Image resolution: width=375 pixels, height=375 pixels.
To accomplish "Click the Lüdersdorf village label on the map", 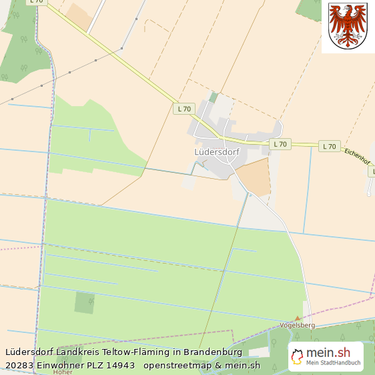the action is (x=217, y=152).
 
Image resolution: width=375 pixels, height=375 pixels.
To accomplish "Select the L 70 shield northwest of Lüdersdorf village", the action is (x=183, y=108).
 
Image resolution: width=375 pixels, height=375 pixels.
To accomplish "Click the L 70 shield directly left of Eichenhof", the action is (x=329, y=146).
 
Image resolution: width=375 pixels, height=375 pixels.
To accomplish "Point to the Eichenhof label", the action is (x=358, y=159).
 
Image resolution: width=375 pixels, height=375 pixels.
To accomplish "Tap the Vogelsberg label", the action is (x=298, y=325).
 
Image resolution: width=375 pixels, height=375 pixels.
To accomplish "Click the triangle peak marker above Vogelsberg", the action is (x=298, y=318).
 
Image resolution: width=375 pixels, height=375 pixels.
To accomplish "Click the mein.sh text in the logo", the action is (x=328, y=353).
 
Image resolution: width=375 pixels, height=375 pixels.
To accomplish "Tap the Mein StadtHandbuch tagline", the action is (x=334, y=364).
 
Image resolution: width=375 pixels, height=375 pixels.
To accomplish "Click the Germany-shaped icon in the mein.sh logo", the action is (x=298, y=356).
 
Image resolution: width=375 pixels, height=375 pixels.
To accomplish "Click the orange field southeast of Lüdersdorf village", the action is (x=254, y=176).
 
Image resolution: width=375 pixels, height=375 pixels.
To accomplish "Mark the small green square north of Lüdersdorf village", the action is (x=213, y=97).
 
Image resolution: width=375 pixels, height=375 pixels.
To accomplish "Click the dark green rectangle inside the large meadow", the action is (x=84, y=302).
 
